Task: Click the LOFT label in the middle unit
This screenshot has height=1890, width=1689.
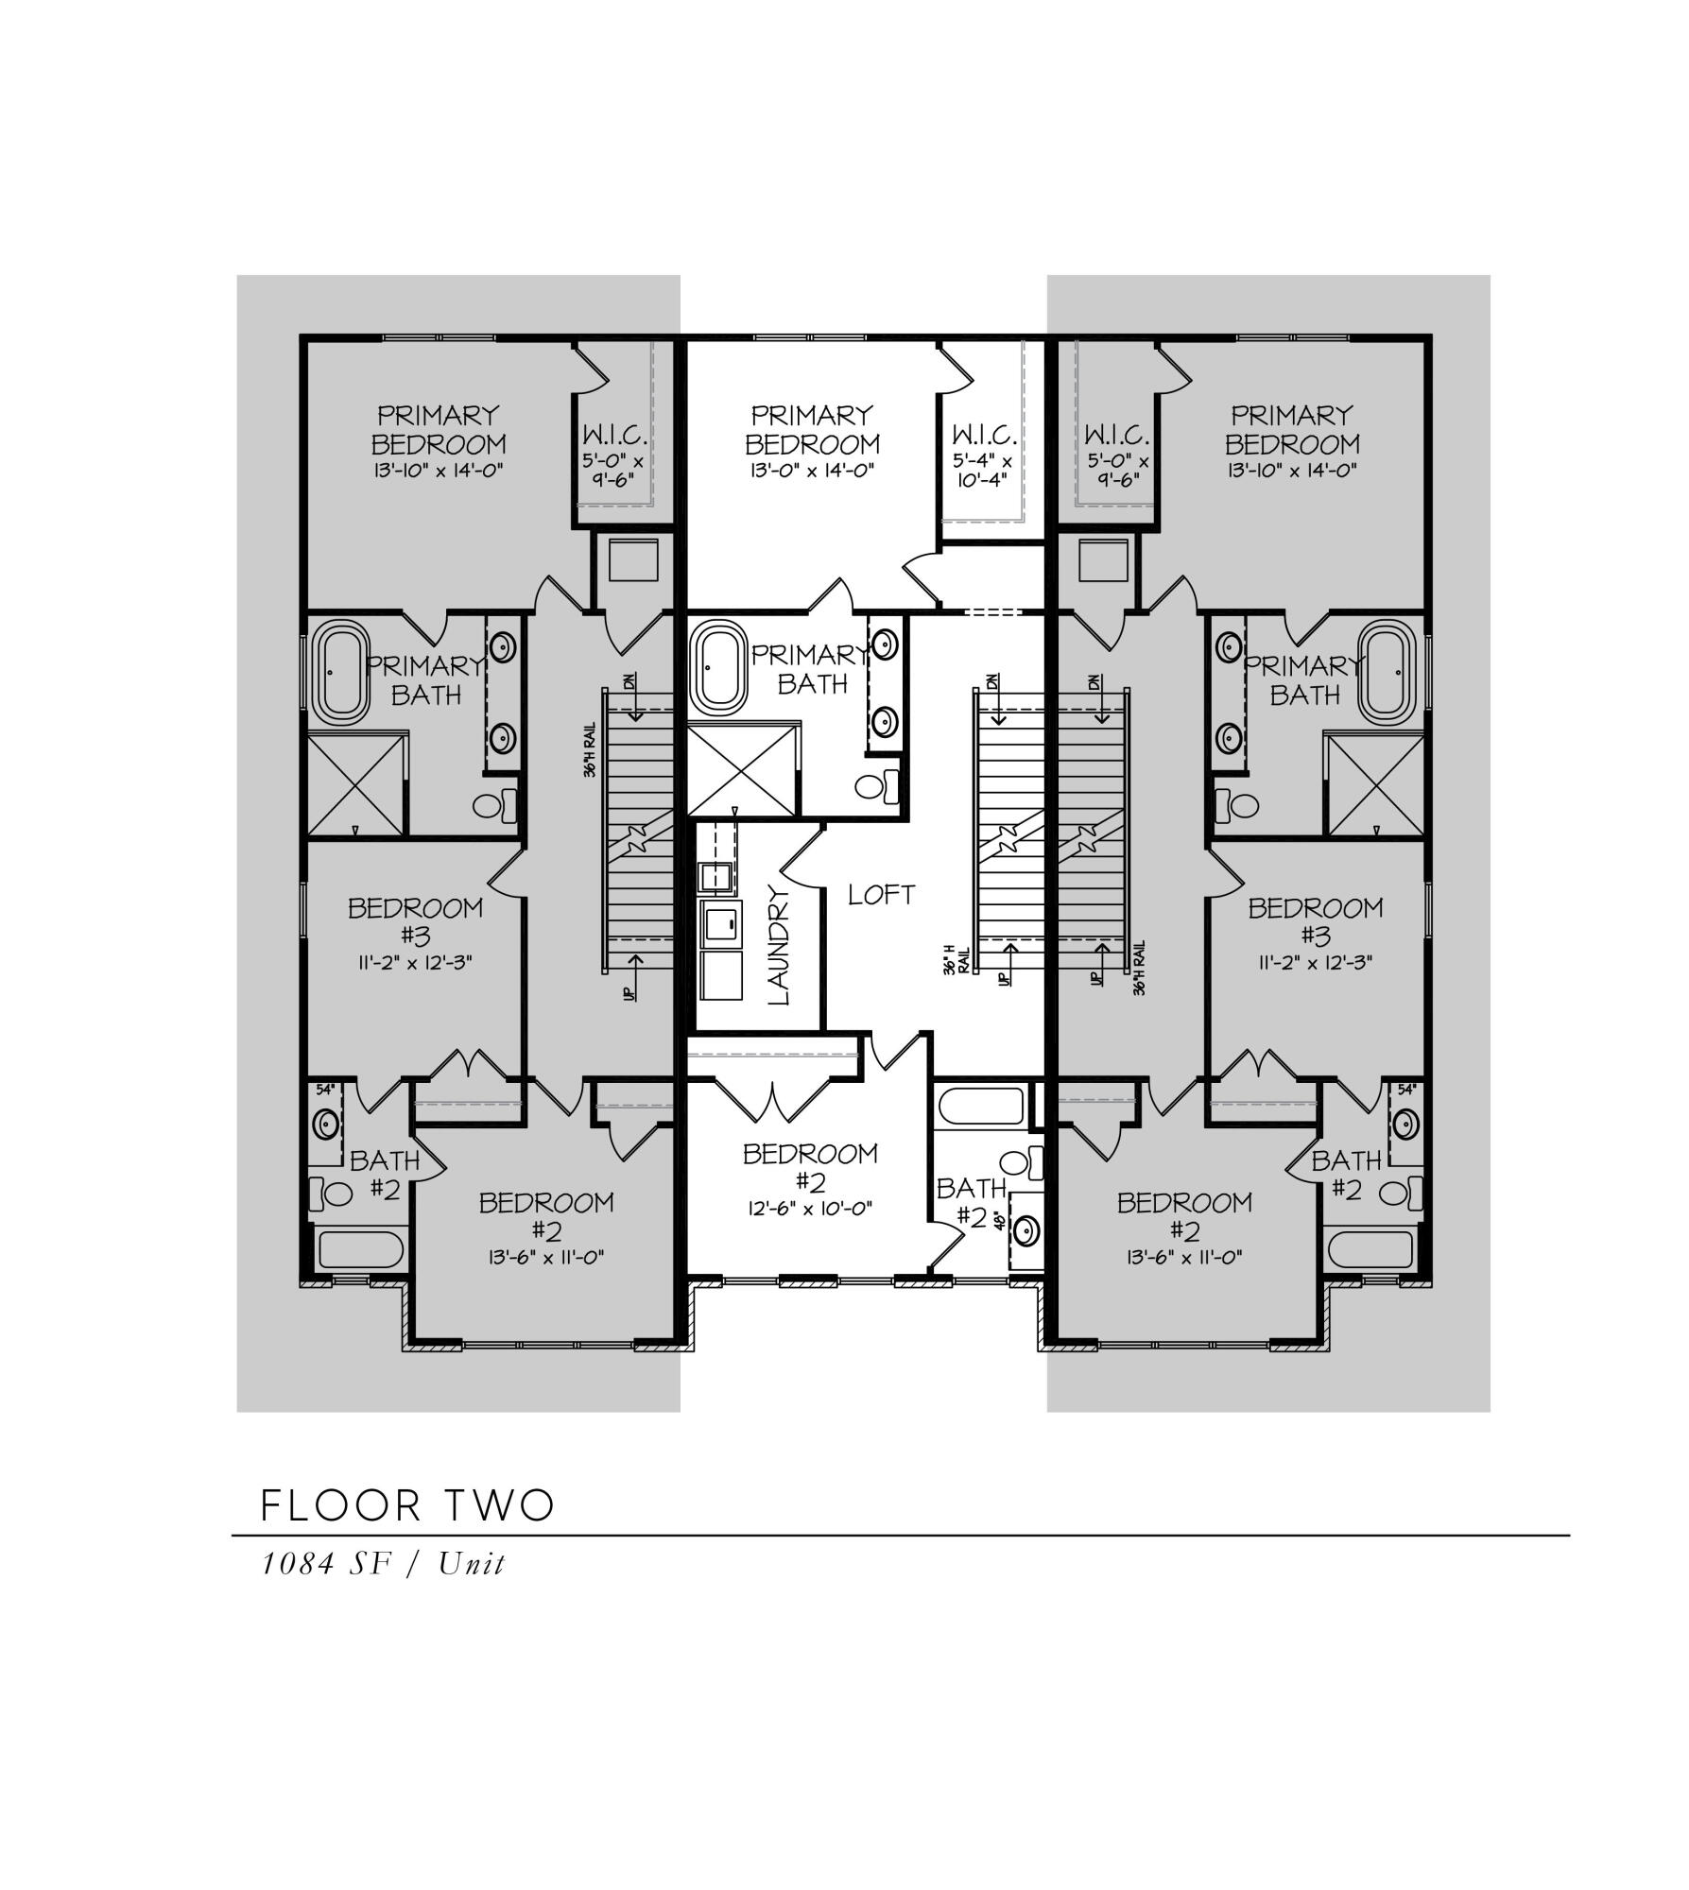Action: (x=881, y=895)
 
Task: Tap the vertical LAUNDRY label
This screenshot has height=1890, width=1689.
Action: (x=781, y=945)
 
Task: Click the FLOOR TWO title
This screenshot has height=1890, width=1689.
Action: (x=406, y=1506)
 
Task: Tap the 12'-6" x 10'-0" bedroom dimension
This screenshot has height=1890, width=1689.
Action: (x=810, y=1208)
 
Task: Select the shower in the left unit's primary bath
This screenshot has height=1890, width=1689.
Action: (x=356, y=784)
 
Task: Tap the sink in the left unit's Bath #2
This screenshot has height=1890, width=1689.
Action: (x=327, y=1125)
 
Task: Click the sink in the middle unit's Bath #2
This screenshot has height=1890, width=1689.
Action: (x=1026, y=1230)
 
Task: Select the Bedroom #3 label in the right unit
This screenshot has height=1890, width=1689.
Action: (x=1315, y=921)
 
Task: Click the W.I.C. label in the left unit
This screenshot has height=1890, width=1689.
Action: (x=615, y=436)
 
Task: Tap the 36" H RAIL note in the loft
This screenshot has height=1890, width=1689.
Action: (x=957, y=958)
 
